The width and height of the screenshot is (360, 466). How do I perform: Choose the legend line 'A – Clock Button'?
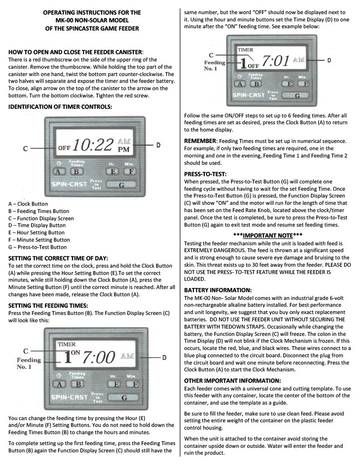(x=28, y=204)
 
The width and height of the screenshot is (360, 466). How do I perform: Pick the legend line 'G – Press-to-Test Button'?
(x=38, y=247)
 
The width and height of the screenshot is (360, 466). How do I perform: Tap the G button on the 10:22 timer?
(x=122, y=186)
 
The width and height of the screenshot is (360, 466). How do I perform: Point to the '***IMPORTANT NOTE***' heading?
(x=267, y=235)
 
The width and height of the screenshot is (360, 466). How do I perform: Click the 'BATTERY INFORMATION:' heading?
(x=218, y=289)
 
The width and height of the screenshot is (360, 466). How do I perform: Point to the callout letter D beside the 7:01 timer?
(x=329, y=60)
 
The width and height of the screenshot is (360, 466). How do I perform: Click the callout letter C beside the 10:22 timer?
(x=25, y=148)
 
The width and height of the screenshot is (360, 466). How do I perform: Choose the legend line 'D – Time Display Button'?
(x=37, y=225)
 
